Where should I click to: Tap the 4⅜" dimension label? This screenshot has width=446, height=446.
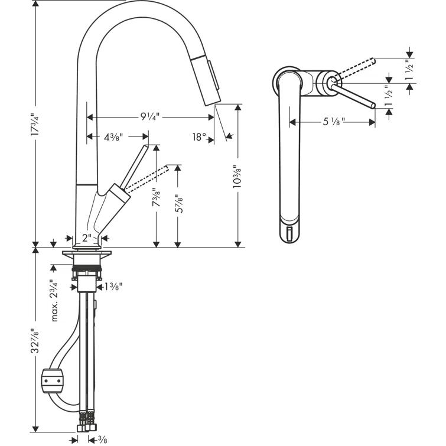[113, 138]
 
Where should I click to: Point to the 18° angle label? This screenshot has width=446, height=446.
[199, 137]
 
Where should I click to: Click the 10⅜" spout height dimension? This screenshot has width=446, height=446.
[237, 177]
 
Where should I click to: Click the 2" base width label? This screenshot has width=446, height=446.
[87, 238]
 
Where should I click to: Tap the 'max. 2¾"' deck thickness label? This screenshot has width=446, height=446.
[54, 301]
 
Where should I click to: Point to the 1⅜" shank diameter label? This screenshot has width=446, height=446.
[113, 288]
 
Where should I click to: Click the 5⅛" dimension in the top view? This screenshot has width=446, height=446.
[334, 122]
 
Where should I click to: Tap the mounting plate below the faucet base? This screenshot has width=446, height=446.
[87, 255]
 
